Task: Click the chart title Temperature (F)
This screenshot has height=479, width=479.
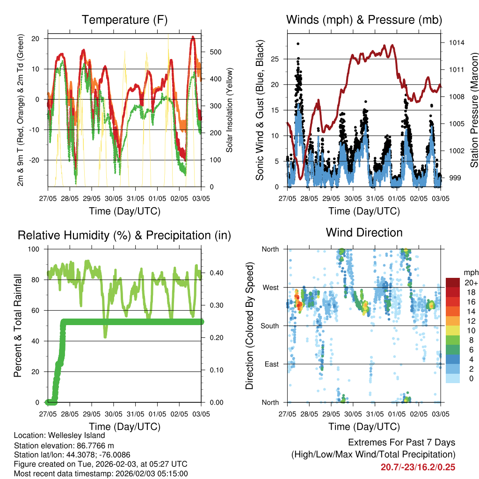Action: point(124,20)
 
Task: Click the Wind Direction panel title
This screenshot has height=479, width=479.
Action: point(364,232)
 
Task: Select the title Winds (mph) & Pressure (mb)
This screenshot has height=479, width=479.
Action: point(364,20)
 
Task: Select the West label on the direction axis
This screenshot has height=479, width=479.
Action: point(270,287)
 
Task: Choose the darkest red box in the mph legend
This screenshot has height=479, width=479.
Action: point(452,283)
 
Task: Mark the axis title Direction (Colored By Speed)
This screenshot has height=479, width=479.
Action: point(250,326)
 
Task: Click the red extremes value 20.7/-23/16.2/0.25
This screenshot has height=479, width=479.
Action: point(418,467)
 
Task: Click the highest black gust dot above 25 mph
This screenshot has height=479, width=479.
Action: point(298,44)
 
